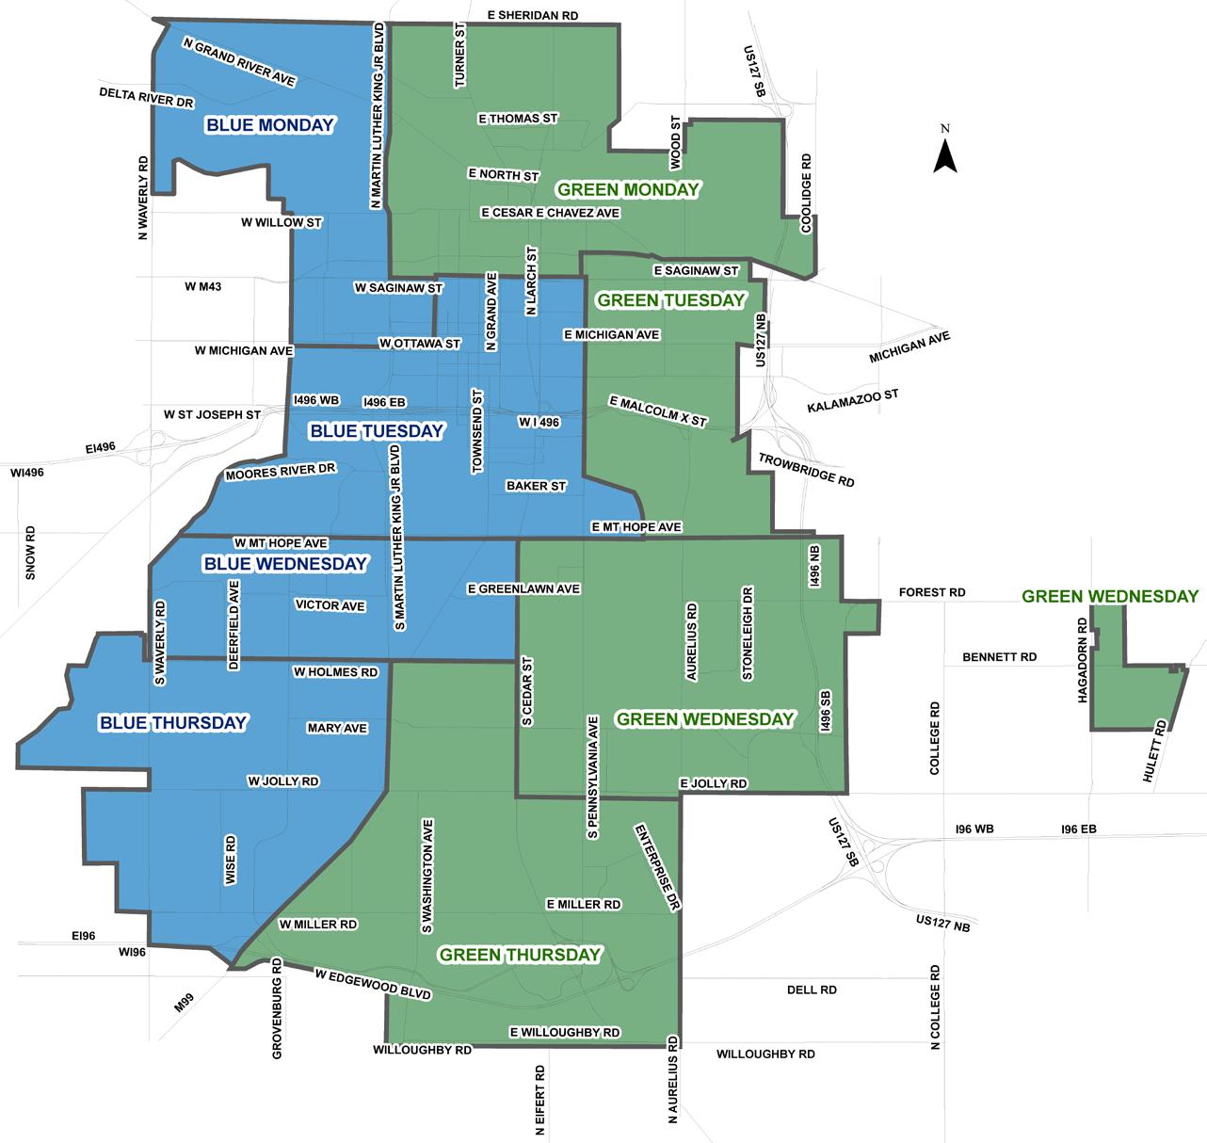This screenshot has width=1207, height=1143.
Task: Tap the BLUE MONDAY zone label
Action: click(270, 125)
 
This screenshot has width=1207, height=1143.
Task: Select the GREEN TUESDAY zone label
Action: click(671, 300)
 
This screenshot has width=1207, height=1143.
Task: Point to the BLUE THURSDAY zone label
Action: click(173, 723)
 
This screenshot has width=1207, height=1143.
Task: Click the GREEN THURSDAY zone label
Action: click(520, 955)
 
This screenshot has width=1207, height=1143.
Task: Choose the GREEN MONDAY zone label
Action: click(628, 189)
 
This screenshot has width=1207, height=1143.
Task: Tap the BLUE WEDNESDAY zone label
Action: click(285, 564)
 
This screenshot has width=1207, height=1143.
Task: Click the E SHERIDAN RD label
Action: click(534, 16)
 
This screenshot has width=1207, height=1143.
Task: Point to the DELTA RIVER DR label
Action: click(146, 97)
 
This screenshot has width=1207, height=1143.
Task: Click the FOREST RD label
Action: click(932, 593)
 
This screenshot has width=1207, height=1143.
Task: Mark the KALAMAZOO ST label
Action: click(853, 402)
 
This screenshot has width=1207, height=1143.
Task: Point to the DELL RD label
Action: click(812, 990)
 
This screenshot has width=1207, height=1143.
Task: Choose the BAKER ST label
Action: click(536, 486)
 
